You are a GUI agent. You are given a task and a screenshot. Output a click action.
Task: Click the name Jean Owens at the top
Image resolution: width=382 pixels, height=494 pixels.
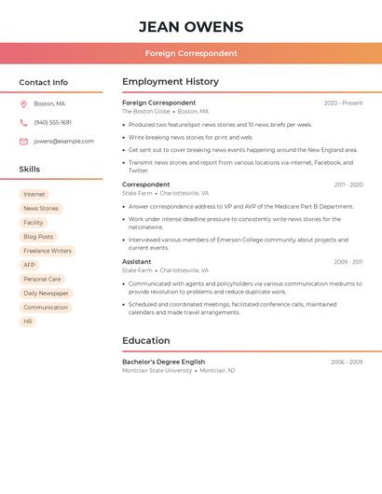point(191,27)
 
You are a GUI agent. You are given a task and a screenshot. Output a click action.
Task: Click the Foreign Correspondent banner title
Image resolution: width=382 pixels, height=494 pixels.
point(191,53)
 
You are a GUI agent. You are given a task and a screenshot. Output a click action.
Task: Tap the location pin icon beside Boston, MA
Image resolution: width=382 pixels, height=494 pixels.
point(23,103)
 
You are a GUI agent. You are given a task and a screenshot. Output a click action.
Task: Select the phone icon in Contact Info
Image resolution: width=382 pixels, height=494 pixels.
point(23,122)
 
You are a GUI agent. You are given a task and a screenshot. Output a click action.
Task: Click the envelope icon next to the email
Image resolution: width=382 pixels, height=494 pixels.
point(23,142)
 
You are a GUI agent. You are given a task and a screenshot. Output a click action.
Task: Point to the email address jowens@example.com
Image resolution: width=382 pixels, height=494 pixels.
point(63,142)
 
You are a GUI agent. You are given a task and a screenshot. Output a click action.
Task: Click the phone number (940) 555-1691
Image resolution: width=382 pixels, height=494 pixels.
point(52,122)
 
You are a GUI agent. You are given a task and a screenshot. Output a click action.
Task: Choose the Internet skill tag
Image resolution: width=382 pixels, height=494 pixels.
point(34,195)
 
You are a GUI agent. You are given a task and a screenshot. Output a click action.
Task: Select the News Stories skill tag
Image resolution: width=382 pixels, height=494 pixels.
point(41,209)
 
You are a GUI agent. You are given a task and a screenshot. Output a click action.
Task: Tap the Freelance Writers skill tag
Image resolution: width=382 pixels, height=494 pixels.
point(48,251)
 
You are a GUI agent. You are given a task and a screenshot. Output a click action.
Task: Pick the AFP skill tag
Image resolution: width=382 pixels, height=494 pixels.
point(29,265)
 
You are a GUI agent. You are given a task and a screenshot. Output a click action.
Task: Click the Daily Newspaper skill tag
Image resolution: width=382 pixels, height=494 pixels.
point(46,294)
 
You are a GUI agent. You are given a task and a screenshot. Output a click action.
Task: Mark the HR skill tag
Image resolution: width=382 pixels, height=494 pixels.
point(28,322)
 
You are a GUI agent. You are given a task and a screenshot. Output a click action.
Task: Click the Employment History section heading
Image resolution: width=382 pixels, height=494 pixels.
point(171,82)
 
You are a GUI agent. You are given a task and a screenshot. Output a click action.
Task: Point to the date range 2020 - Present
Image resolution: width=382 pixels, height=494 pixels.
point(343,103)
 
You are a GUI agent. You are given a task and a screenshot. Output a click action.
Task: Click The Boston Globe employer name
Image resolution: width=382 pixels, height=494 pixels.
point(146,112)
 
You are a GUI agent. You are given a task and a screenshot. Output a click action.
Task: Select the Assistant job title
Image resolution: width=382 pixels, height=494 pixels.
point(137,262)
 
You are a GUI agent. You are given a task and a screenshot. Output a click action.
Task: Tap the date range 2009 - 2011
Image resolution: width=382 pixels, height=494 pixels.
point(348,262)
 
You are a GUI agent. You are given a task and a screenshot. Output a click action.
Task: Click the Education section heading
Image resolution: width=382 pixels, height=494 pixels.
point(146,341)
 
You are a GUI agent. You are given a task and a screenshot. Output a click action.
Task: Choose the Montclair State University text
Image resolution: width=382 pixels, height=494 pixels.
point(157,371)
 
